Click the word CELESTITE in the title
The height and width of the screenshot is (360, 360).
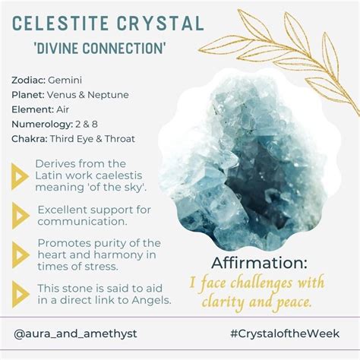(61, 24)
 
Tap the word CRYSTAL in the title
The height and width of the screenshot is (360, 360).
(160, 24)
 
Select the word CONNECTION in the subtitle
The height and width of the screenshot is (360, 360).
(124, 48)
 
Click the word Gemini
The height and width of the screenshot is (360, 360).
(65, 81)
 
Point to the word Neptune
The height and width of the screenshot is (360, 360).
(108, 95)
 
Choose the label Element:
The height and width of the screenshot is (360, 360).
(32, 109)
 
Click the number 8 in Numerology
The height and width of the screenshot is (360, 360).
(95, 125)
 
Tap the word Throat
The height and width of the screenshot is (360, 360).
(120, 139)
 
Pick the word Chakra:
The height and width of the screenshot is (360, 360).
(30, 139)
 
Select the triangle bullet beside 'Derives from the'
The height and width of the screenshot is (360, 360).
(20, 176)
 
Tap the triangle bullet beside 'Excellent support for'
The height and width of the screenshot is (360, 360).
(21, 216)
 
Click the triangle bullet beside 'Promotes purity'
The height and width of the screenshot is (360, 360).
(21, 255)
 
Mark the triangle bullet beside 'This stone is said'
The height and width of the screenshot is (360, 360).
(21, 294)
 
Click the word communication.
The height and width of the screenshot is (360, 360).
(82, 222)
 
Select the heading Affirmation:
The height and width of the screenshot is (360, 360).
(259, 263)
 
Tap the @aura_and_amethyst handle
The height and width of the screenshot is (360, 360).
(75, 333)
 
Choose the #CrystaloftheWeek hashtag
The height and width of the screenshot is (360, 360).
(285, 333)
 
